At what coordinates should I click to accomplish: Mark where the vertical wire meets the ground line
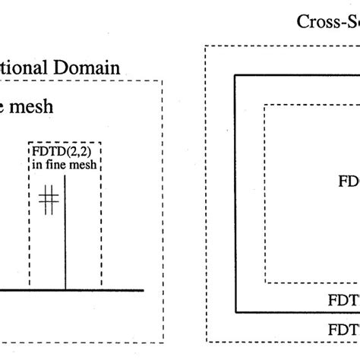tap(65, 289)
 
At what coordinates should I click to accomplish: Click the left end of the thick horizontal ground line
tap(2, 289)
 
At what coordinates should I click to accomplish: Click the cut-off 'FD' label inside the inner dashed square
tap(348, 182)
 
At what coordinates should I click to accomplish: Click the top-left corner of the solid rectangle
tap(235, 76)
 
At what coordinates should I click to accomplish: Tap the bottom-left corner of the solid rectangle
tap(235, 312)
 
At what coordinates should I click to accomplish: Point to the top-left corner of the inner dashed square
tap(264, 105)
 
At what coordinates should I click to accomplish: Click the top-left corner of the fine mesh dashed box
tap(30, 142)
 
